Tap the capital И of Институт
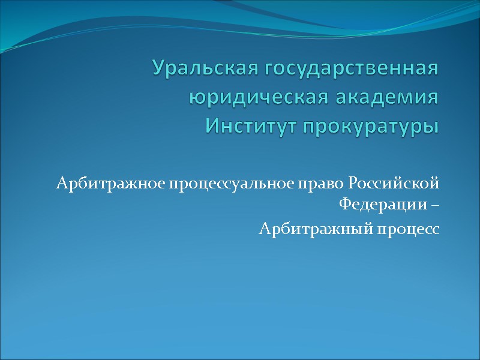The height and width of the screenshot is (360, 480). tap(212, 127)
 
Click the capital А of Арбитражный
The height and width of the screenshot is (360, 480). tap(264, 229)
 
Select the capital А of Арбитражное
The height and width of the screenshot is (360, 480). tap(61, 182)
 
